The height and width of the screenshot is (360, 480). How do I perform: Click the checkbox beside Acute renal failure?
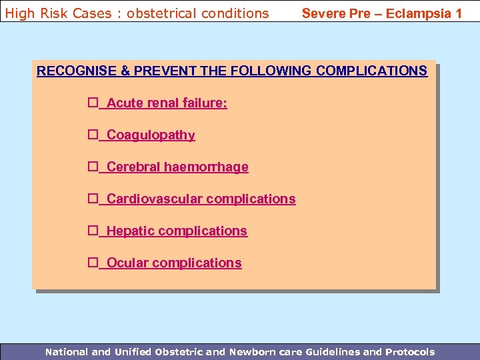[93, 103]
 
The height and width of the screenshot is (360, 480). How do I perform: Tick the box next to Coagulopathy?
[93, 135]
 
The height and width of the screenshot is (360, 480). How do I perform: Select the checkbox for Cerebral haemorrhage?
[93, 167]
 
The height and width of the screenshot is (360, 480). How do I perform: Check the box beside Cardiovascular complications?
[93, 199]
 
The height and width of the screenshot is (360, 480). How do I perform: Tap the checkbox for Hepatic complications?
[93, 231]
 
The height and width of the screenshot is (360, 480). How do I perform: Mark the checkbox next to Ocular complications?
[93, 263]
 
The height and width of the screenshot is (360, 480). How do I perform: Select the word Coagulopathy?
[151, 135]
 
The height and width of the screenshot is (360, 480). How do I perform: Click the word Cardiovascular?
[154, 199]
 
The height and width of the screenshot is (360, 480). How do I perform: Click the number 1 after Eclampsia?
[458, 13]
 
